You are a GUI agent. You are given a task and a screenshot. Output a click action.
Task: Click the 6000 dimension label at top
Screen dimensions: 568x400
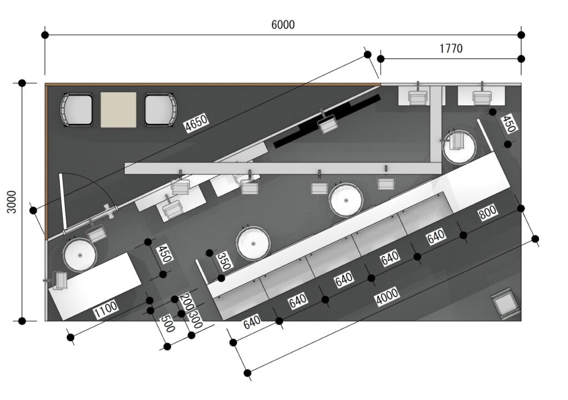tap(283, 24)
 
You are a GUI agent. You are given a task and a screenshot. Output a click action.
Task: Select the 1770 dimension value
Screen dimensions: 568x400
tap(451, 48)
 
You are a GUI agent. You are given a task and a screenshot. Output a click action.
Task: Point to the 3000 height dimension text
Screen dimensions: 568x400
tap(12, 202)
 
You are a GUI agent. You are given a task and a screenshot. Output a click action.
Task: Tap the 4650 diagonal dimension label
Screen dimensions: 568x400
tap(197, 123)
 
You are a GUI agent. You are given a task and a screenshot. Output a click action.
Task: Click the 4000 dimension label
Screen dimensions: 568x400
tap(387, 296)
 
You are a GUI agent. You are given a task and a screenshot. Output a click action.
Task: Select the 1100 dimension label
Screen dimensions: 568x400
tap(106, 310)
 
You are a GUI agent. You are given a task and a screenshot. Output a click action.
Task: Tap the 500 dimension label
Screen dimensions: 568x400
tap(168, 323)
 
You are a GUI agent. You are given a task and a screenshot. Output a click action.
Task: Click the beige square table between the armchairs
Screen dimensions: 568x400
tap(119, 109)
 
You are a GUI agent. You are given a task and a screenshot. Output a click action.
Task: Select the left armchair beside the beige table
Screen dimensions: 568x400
tap(77, 110)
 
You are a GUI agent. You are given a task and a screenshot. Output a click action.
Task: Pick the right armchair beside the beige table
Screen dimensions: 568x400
tap(160, 110)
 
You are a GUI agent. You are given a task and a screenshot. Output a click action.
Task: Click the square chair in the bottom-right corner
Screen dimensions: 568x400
tap(506, 303)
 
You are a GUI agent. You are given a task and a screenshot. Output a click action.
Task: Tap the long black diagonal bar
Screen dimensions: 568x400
tap(326, 121)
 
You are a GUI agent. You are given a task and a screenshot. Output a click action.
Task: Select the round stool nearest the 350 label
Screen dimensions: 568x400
tap(253, 243)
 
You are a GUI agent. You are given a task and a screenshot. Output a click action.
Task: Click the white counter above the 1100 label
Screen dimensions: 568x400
tap(95, 286)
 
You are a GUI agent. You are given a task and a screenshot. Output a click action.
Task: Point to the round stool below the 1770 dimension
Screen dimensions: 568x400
tap(459, 146)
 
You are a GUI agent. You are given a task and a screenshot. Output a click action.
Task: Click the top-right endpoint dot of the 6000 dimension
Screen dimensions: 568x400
tap(521, 35)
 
